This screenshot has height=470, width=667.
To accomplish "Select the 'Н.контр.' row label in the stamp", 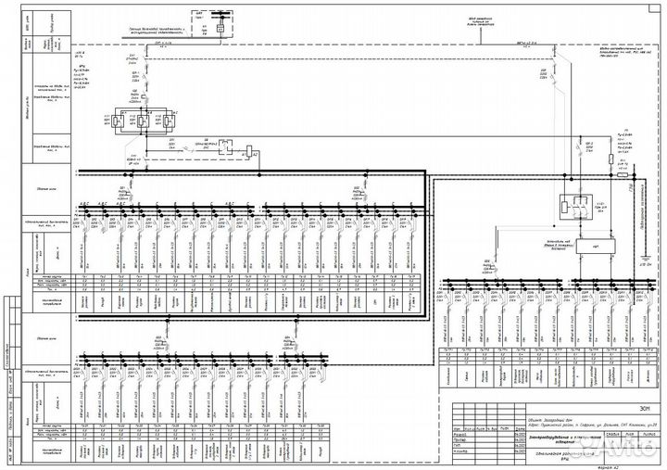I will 459,451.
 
